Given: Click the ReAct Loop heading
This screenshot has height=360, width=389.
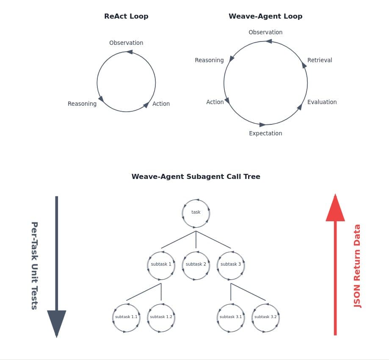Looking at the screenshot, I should (126, 16).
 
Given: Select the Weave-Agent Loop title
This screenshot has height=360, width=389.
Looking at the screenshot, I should (265, 16).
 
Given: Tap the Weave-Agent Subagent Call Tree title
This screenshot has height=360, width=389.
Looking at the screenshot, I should (196, 176).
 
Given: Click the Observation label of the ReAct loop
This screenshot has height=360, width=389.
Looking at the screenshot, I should (126, 43).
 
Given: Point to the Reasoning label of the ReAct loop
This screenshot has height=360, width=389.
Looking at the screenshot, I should (82, 104).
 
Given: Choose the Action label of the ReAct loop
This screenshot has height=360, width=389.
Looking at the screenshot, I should (161, 104).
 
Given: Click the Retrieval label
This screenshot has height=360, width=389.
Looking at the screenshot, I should (320, 60).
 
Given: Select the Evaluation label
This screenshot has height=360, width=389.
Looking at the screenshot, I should (322, 102).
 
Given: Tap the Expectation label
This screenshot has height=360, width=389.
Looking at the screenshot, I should (265, 133).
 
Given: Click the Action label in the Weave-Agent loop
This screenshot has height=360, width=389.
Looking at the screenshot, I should (215, 102).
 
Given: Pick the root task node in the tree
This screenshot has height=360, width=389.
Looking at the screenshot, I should (196, 212).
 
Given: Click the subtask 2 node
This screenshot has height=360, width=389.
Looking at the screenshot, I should (196, 264).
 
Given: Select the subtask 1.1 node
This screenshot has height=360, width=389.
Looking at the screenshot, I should (126, 317).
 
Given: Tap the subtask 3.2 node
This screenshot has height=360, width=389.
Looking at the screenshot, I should (265, 317).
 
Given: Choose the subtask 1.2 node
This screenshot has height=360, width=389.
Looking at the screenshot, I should (161, 317).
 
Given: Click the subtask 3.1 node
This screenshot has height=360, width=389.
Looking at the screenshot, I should (231, 317).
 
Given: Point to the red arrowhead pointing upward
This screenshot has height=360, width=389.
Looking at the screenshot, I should (335, 208).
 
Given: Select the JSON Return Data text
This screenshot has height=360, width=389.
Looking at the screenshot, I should (357, 266).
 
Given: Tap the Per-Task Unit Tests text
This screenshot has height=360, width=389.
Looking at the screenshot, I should (34, 266).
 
